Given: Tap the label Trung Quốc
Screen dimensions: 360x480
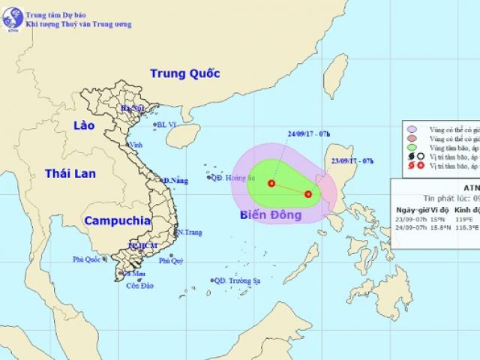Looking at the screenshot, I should (x=184, y=73).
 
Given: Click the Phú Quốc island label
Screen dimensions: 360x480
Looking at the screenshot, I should (x=87, y=260).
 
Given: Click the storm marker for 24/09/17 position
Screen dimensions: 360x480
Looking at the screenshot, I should (x=271, y=183).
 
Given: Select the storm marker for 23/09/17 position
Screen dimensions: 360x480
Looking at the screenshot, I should (x=307, y=194).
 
